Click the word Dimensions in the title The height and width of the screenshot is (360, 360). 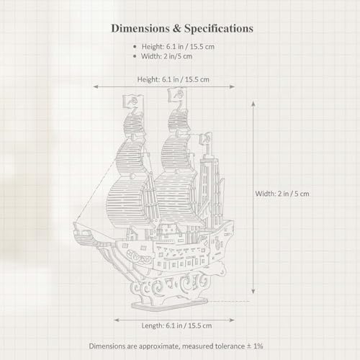click(x=141, y=28)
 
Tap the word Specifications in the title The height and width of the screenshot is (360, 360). click(x=219, y=29)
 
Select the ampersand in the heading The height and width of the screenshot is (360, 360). click(x=177, y=29)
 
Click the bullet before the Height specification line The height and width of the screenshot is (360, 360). click(x=135, y=47)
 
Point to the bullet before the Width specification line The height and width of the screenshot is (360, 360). click(x=135, y=56)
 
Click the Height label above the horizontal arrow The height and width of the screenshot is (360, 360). click(x=173, y=79)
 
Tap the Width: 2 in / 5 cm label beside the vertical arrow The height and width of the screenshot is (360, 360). click(x=282, y=194)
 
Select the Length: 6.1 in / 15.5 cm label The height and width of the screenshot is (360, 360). click(x=176, y=325)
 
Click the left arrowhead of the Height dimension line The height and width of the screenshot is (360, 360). click(x=96, y=86)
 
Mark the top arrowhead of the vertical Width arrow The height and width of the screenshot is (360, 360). click(x=253, y=104)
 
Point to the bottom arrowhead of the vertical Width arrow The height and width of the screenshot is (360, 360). click(x=253, y=291)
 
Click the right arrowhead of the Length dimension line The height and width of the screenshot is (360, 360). click(x=232, y=320)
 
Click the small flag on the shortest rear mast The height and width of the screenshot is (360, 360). click(x=206, y=138)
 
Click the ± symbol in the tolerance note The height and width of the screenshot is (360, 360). click(x=248, y=346)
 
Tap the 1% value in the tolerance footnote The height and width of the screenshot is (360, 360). click(x=258, y=346)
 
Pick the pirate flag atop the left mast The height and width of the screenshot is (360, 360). click(x=133, y=101)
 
